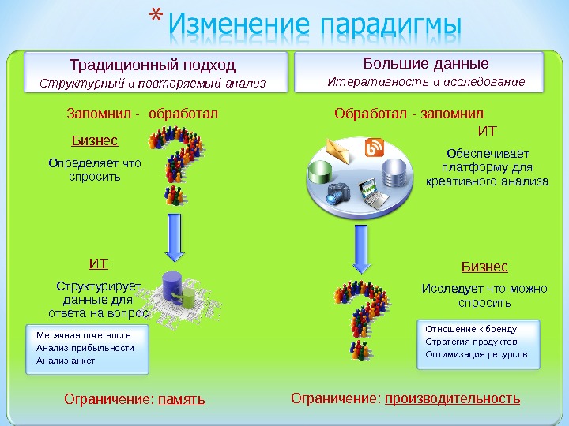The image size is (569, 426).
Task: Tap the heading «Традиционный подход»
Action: click(x=153, y=64)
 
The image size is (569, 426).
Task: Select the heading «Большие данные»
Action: click(x=426, y=63)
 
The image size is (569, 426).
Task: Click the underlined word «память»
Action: click(x=181, y=399)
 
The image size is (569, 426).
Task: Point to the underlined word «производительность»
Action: click(x=453, y=398)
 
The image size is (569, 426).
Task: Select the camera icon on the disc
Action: click(x=338, y=192)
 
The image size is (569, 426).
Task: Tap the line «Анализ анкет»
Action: click(x=66, y=361)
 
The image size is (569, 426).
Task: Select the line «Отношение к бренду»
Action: click(x=471, y=328)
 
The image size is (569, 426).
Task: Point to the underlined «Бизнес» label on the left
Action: click(x=95, y=140)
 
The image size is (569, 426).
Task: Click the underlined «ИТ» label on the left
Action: click(x=99, y=263)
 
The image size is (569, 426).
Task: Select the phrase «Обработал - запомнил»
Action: click(x=409, y=114)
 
